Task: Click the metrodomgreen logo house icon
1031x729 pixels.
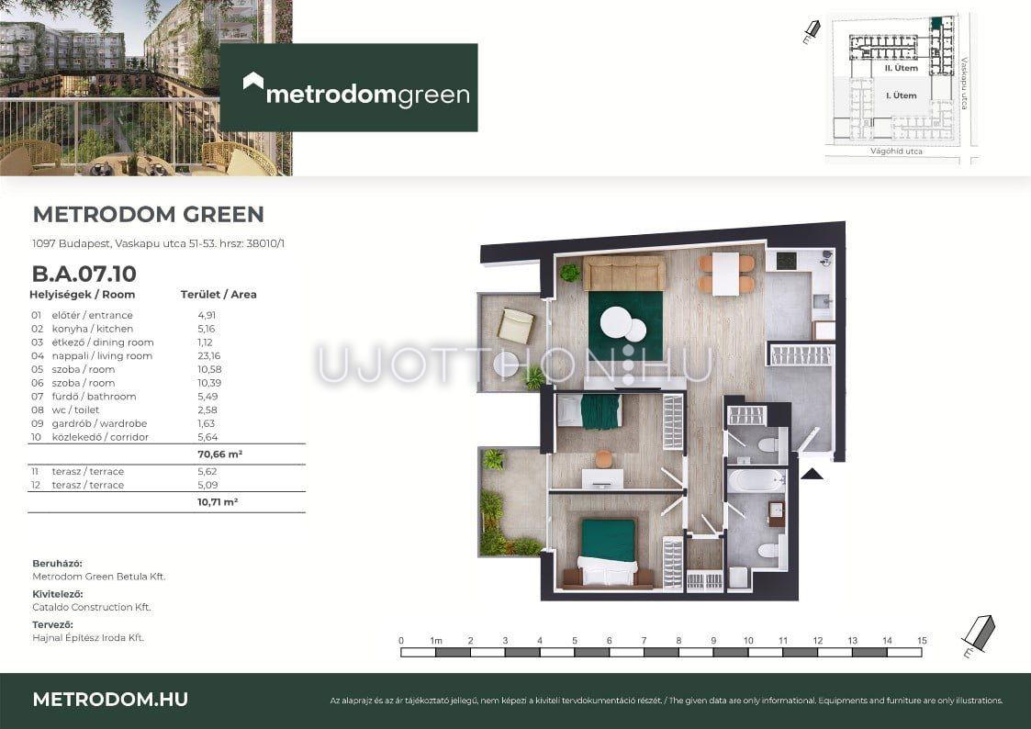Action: pyautogui.click(x=253, y=82)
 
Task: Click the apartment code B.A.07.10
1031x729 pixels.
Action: pyautogui.click(x=84, y=274)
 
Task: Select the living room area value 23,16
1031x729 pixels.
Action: pyautogui.click(x=209, y=355)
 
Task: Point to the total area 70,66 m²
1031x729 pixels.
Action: pyautogui.click(x=219, y=454)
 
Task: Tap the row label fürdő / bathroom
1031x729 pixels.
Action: pyautogui.click(x=94, y=397)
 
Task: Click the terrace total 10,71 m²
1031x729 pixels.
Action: pyautogui.click(x=218, y=501)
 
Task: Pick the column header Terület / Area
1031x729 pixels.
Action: pyautogui.click(x=219, y=295)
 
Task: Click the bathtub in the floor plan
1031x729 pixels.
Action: pyautogui.click(x=756, y=480)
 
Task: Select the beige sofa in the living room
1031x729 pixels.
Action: pyautogui.click(x=624, y=273)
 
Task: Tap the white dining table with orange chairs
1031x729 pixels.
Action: pyautogui.click(x=726, y=275)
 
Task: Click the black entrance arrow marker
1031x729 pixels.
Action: pyautogui.click(x=812, y=474)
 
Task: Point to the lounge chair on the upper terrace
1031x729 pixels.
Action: pyautogui.click(x=516, y=326)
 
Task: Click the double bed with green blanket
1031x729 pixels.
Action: pyautogui.click(x=608, y=552)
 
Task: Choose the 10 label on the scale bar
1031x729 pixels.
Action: pyautogui.click(x=748, y=640)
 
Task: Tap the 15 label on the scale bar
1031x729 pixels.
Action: pyautogui.click(x=922, y=640)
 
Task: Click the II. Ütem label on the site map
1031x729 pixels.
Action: pyautogui.click(x=901, y=68)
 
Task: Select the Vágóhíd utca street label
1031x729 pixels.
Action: pyautogui.click(x=896, y=151)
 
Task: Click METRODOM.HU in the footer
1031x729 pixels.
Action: pyautogui.click(x=110, y=700)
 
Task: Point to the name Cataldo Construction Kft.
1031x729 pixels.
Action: pyautogui.click(x=92, y=608)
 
